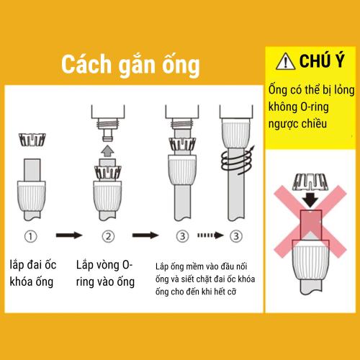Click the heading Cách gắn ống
click(130, 64)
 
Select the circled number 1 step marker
click(30, 235)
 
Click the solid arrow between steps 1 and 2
click(68, 235)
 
